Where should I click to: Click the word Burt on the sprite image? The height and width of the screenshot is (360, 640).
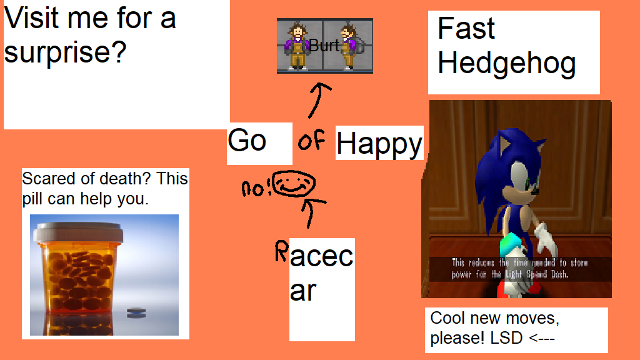click(324, 45)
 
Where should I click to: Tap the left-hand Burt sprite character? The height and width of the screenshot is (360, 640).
click(297, 46)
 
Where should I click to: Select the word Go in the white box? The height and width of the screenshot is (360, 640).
click(247, 141)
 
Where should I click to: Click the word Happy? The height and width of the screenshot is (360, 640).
click(379, 144)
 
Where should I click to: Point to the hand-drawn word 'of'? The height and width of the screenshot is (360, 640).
click(311, 140)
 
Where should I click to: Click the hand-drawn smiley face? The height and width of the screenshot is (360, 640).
click(294, 184)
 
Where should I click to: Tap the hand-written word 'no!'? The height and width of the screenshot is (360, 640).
click(256, 189)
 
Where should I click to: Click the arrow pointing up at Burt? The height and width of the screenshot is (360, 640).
click(319, 100)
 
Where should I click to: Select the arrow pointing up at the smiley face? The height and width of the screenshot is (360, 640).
click(312, 212)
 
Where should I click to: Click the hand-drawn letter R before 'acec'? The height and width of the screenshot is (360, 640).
click(282, 250)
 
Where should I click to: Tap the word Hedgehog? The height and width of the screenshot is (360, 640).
click(506, 64)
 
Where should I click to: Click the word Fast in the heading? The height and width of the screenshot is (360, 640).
click(466, 28)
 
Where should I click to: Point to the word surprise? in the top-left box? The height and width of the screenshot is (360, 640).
click(65, 53)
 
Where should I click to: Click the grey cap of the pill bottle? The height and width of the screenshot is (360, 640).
click(78, 232)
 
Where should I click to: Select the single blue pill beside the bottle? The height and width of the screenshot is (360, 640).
click(136, 312)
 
